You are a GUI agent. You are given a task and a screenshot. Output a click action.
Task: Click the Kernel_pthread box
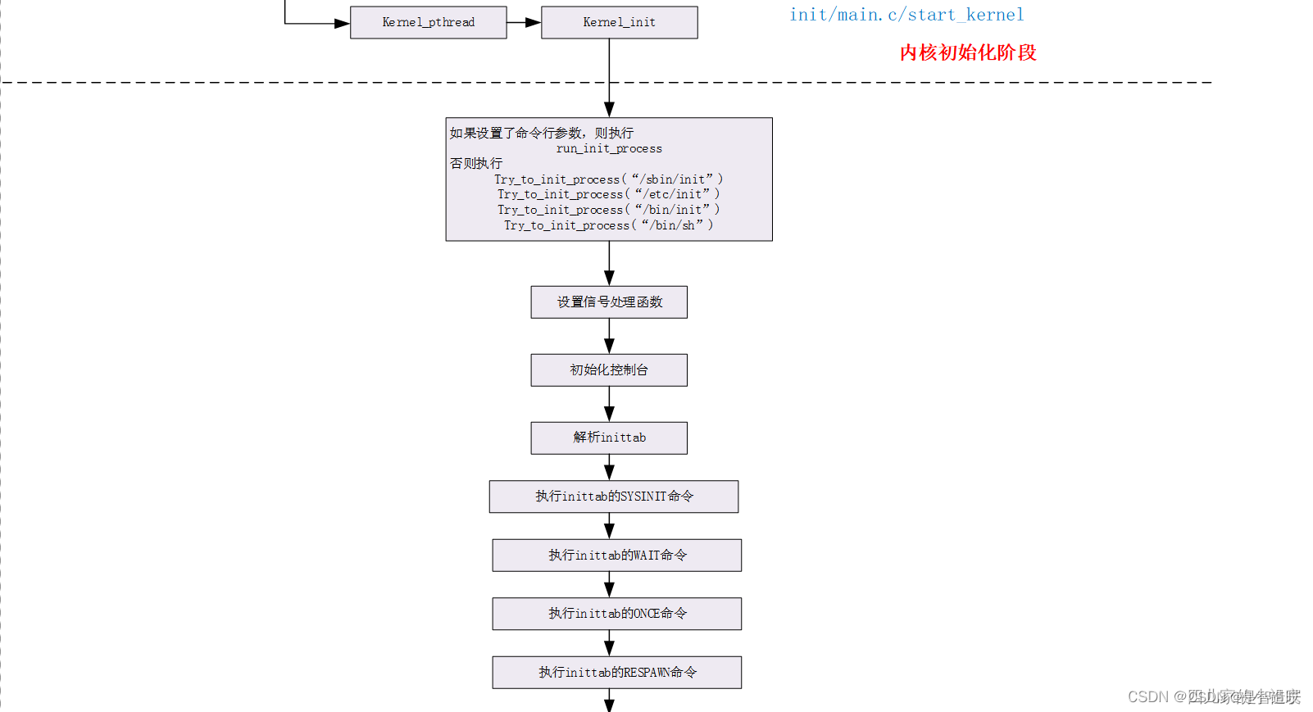(x=428, y=22)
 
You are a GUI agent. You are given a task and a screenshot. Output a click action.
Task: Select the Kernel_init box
(x=619, y=22)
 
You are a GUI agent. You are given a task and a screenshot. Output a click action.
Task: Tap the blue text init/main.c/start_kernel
(x=906, y=15)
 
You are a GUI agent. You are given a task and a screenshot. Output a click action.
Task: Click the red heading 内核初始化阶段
(x=968, y=52)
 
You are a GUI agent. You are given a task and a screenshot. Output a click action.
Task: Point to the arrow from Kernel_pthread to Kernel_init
(x=524, y=22)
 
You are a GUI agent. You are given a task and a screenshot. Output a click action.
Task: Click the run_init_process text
(x=609, y=148)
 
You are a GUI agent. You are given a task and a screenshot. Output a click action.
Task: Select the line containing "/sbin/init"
(x=608, y=179)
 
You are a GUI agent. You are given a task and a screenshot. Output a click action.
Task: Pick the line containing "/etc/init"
(x=608, y=194)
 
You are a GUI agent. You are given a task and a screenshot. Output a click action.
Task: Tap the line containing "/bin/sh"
(x=608, y=225)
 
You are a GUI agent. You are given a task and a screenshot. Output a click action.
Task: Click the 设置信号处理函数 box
(x=609, y=302)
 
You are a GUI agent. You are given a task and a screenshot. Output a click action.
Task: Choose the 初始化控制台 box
(x=609, y=370)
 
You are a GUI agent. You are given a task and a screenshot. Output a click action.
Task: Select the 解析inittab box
(x=609, y=438)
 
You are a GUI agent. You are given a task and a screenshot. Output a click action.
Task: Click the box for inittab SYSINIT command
(x=614, y=497)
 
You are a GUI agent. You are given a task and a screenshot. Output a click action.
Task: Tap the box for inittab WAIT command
(x=616, y=556)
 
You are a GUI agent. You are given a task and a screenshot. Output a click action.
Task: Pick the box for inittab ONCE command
(x=616, y=614)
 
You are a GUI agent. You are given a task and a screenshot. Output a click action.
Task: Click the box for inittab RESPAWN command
(x=616, y=673)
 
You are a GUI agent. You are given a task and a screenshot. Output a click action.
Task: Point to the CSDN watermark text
(x=1213, y=696)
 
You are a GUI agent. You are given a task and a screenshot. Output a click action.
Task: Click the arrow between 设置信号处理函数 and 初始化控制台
(x=609, y=337)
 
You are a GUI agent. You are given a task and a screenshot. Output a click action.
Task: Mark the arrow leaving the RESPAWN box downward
(x=609, y=701)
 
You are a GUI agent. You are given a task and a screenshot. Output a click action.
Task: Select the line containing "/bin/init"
(x=608, y=210)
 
